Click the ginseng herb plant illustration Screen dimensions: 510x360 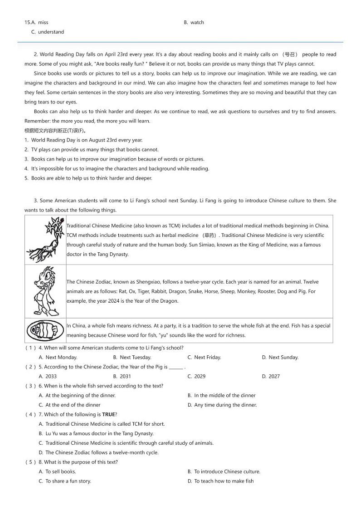45,240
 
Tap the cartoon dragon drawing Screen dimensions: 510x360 46,291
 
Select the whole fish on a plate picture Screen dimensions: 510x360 45,330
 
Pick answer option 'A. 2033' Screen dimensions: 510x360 48,377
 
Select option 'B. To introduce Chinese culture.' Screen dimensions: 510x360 224,472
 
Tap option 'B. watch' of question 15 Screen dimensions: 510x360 194,22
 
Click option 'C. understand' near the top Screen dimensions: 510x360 48,32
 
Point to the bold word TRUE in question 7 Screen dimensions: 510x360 108,415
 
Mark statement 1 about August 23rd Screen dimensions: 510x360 83,140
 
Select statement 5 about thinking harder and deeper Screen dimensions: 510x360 88,178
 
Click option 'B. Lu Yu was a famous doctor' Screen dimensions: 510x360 96,434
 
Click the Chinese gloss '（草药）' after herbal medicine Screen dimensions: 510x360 210,235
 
